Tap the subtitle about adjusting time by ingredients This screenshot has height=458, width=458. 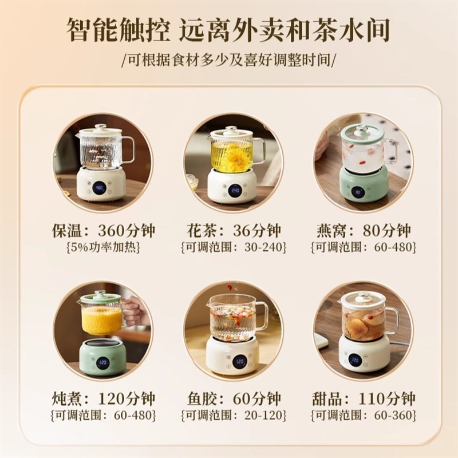pyautogui.click(x=230, y=60)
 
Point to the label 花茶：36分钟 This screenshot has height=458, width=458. pyautogui.click(x=233, y=231)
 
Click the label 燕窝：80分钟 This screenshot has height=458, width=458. pyautogui.click(x=364, y=231)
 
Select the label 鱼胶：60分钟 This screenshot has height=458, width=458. pyautogui.click(x=233, y=398)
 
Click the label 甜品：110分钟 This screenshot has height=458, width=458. pyautogui.click(x=364, y=398)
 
